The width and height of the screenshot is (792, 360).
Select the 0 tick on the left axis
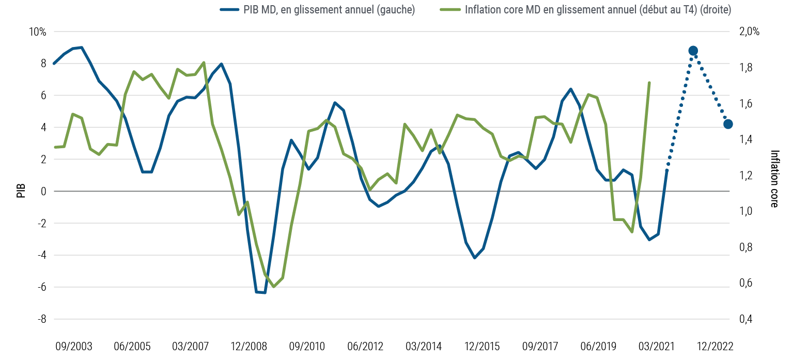44,192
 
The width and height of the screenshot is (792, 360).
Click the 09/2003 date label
74,345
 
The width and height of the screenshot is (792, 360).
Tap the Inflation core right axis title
774,178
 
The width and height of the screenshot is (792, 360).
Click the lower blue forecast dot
728,124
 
